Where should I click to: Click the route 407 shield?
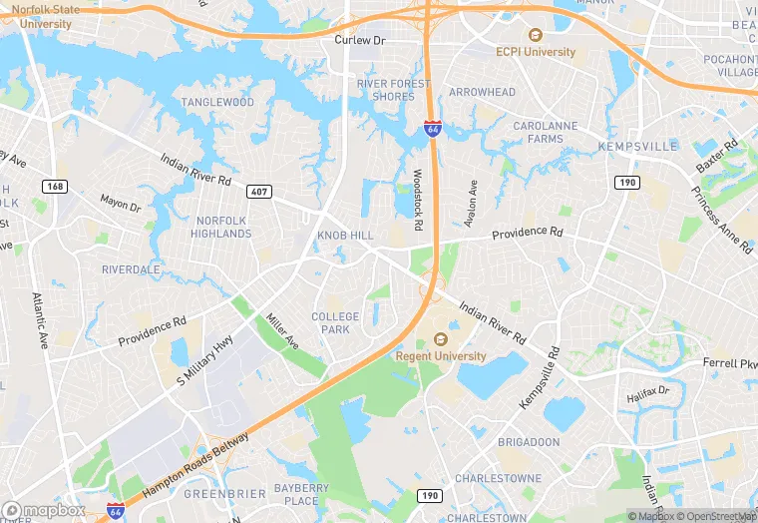click(x=259, y=191)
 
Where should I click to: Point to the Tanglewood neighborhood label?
click(x=217, y=103)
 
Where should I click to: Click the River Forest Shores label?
click(x=393, y=90)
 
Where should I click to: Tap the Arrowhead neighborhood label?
click(x=482, y=93)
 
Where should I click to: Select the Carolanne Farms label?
click(x=545, y=133)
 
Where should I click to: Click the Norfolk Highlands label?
click(x=223, y=227)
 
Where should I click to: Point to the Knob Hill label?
click(x=345, y=235)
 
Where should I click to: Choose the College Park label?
click(x=335, y=322)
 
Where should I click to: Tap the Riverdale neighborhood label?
click(x=131, y=269)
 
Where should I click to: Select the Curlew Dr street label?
click(x=359, y=41)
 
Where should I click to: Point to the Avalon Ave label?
click(x=473, y=203)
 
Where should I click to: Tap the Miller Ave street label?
click(x=282, y=331)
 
